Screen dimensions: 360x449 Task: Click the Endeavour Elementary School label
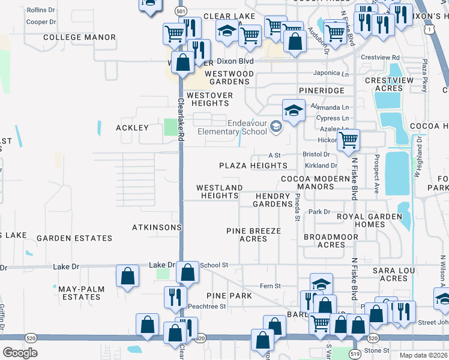(x=238, y=128)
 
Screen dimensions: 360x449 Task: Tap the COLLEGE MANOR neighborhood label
(x=80, y=37)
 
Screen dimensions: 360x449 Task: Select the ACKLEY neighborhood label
(x=131, y=128)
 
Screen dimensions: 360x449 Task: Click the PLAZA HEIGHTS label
(x=253, y=166)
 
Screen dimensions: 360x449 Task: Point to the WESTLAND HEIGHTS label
(x=220, y=191)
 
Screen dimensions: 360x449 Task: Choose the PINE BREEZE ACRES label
(x=253, y=235)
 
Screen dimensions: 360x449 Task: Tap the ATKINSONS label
(x=157, y=227)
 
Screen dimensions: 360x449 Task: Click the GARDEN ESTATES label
(x=74, y=238)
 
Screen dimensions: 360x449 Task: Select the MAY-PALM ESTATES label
(x=81, y=293)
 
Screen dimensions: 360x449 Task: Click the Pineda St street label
(x=297, y=207)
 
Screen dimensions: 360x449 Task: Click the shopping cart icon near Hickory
(x=348, y=140)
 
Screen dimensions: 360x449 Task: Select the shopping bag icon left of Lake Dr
(x=128, y=276)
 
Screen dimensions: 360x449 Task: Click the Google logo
(x=20, y=352)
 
